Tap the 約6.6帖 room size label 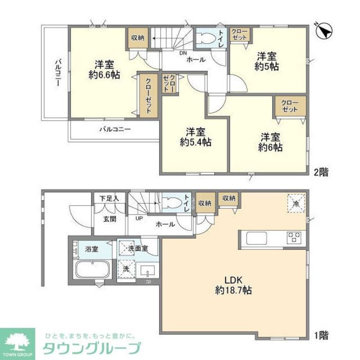(104, 75)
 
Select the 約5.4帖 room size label (195, 142)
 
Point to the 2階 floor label (320, 172)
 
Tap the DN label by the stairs (183, 53)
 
